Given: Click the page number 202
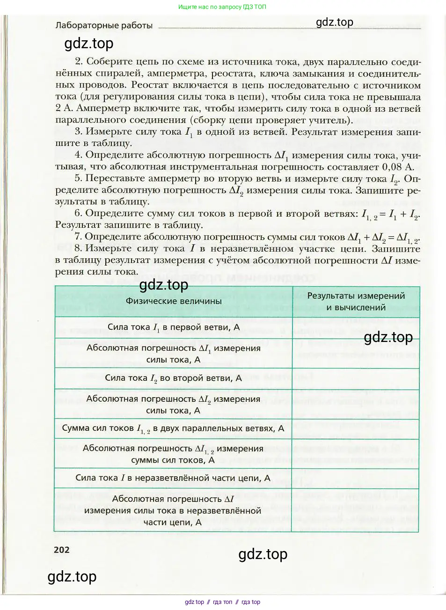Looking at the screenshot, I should click(62, 550).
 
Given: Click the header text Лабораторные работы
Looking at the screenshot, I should click(104, 25).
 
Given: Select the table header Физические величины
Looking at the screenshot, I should click(174, 301).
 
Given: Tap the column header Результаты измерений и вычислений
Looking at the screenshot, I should click(356, 302).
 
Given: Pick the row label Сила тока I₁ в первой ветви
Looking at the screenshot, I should click(174, 327).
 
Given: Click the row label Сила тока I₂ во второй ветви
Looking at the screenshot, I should click(174, 378).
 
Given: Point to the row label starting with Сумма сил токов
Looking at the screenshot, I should click(173, 428).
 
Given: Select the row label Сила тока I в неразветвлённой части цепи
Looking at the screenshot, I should click(173, 478).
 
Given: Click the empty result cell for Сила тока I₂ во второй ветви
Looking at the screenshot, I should click(356, 378).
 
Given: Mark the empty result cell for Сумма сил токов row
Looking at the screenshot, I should click(356, 428).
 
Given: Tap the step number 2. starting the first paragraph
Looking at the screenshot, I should click(79, 62).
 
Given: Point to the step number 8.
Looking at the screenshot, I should click(78, 249).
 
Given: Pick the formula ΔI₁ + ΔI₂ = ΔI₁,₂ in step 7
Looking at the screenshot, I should click(383, 238).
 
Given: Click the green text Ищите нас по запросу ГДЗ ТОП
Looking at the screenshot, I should click(222, 7).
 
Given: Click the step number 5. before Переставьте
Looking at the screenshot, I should click(78, 179).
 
